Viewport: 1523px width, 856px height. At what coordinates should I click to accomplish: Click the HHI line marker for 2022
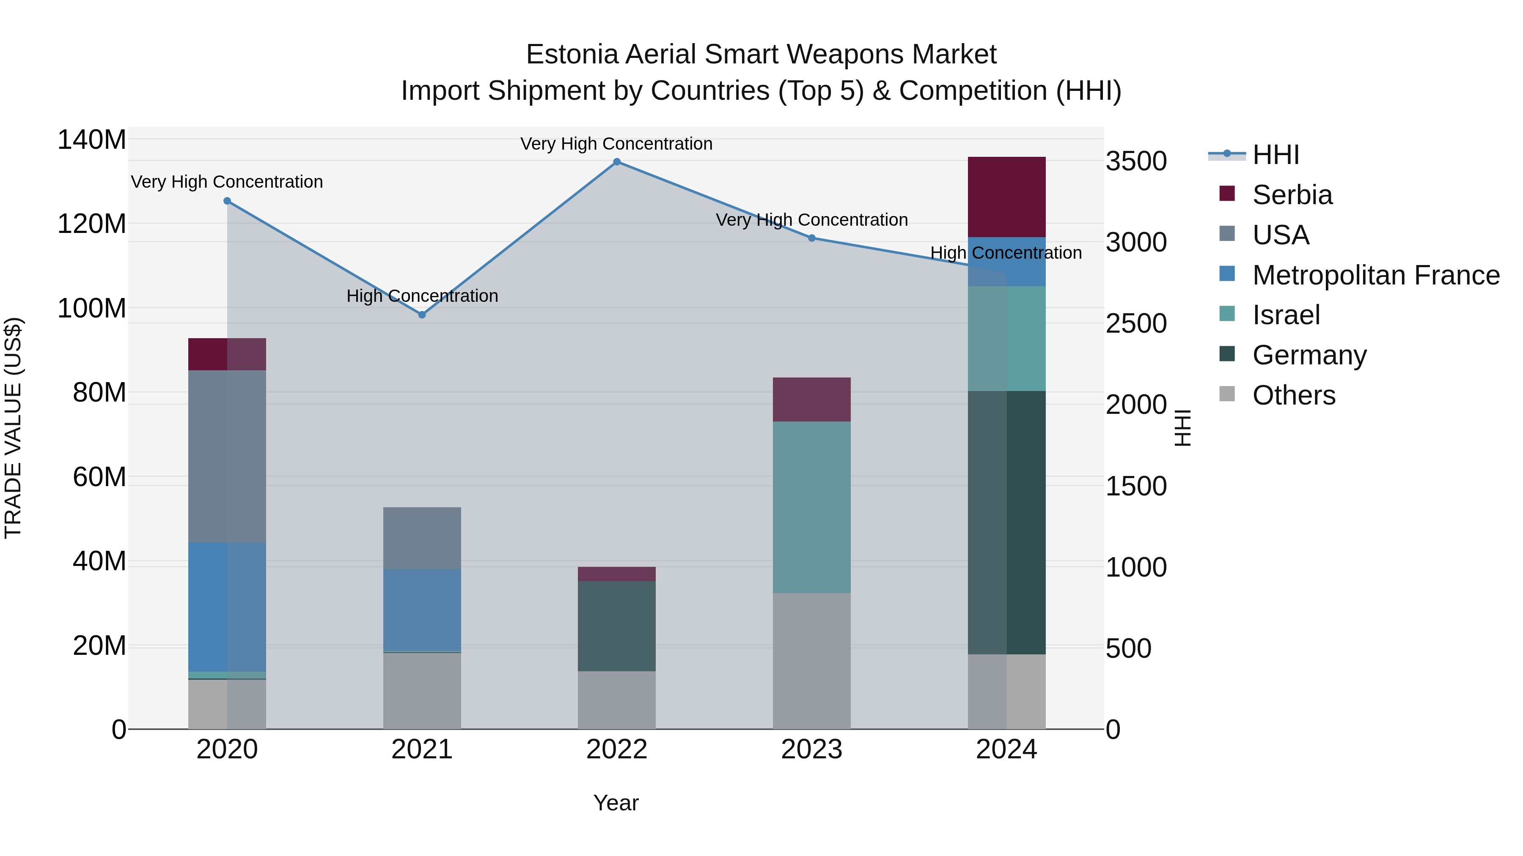tap(617, 162)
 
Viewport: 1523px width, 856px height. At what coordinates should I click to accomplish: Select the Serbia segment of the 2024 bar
tap(1006, 197)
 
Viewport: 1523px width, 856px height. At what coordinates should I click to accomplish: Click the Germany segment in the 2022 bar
tap(617, 626)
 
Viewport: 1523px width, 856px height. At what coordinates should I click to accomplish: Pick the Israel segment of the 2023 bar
tap(811, 507)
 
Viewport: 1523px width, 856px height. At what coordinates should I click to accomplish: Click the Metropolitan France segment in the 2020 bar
tap(227, 607)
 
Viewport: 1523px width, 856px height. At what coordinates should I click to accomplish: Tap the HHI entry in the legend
tap(1275, 155)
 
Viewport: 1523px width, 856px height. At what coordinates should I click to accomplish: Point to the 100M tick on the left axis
tap(92, 309)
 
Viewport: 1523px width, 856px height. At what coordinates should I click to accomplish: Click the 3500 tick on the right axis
tap(1136, 161)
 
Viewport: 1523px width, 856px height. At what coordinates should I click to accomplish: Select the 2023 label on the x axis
tap(811, 749)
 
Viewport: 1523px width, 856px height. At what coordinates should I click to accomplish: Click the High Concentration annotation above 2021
tap(422, 296)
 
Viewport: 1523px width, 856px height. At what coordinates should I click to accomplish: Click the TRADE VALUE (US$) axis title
tap(13, 428)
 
